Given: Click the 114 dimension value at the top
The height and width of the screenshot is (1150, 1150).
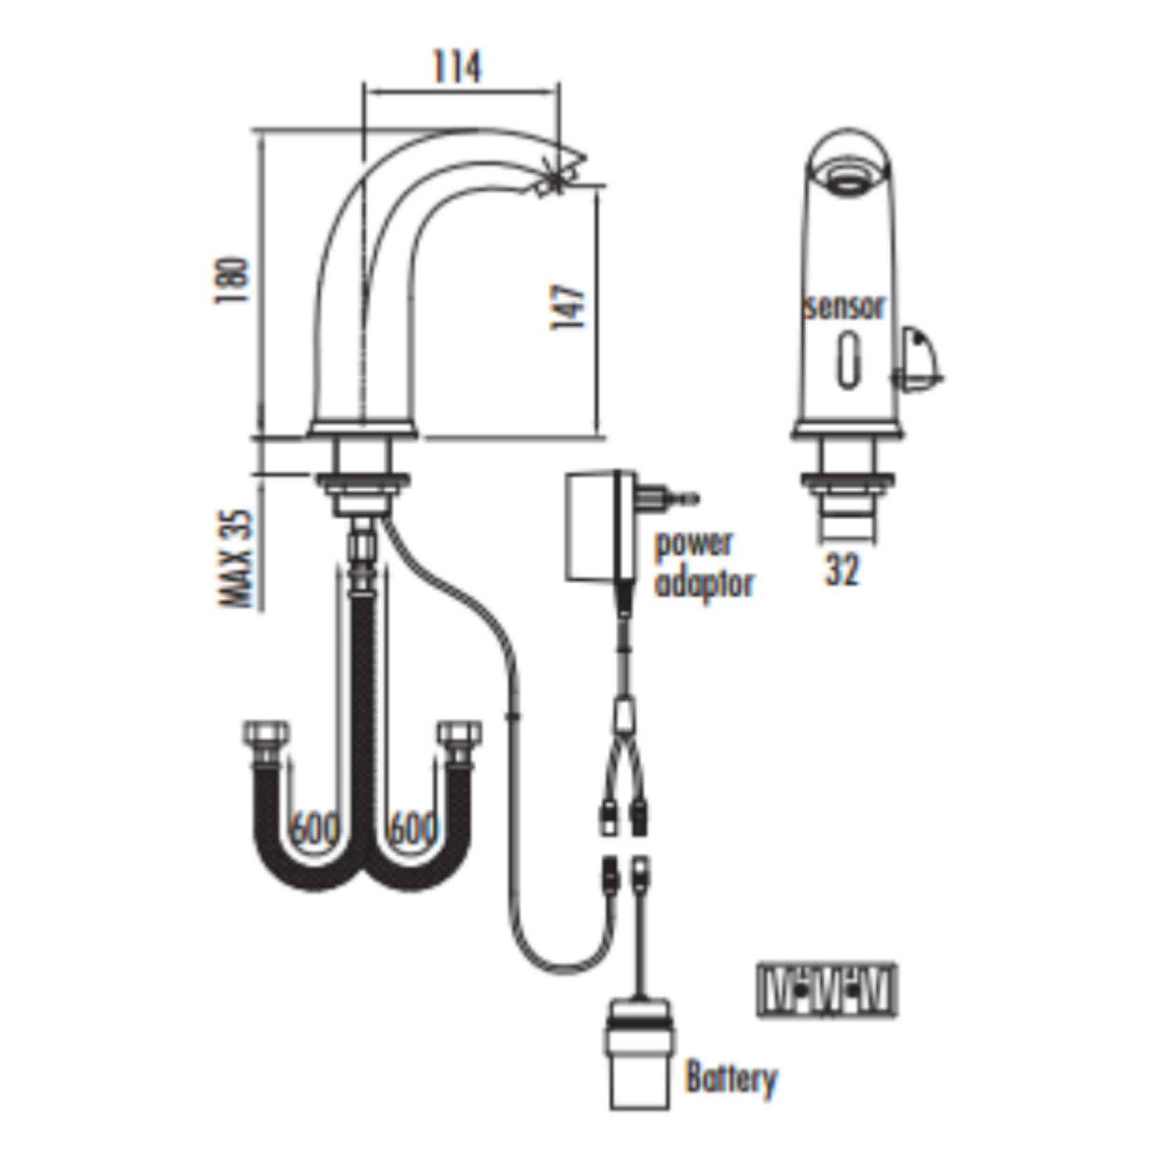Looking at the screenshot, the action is (457, 67).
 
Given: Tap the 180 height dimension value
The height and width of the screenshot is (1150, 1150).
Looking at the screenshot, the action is (232, 280).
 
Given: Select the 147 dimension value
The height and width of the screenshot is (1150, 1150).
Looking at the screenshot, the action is (568, 307).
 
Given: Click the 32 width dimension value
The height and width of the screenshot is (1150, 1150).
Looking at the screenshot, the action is (841, 569).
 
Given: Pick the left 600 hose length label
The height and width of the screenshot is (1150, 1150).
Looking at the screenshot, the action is (315, 829).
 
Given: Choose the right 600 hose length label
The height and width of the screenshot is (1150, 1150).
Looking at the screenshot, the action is (412, 829).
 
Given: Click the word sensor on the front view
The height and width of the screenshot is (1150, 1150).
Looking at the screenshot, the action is (846, 307).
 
